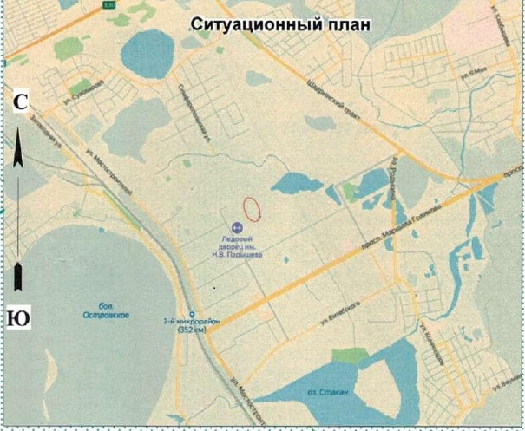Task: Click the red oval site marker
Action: [x=252, y=208]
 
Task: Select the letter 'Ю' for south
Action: [x=18, y=317]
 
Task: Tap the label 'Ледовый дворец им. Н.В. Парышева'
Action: [x=237, y=247]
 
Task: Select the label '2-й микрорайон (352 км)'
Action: [x=198, y=325]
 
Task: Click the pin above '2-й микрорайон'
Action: [x=191, y=314]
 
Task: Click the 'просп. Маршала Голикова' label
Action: [x=415, y=226]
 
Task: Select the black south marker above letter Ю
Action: [x=19, y=278]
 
